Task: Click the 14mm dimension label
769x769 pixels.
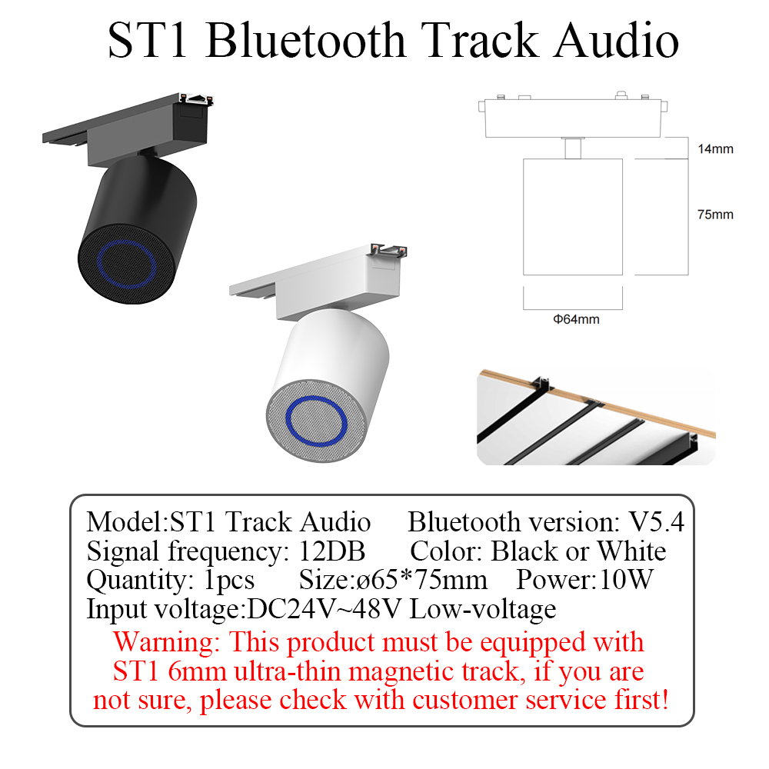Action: pos(714,148)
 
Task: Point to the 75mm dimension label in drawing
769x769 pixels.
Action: pos(714,215)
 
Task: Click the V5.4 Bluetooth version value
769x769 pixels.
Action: pos(656,522)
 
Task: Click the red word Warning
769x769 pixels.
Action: pos(167,641)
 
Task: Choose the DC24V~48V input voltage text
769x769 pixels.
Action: pos(325,609)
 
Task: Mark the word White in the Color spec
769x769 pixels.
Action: pos(631,551)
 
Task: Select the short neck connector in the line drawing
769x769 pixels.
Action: pos(572,147)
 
